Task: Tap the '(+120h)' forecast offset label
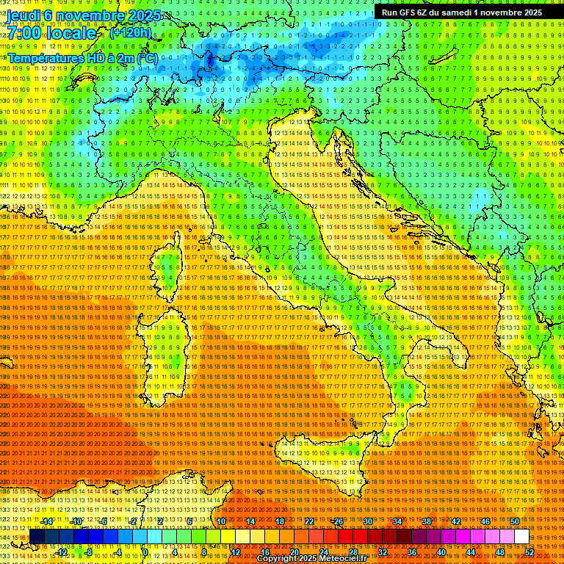coord(130,32)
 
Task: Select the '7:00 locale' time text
coord(52,33)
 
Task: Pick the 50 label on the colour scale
coord(515,521)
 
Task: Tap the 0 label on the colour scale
coord(146,552)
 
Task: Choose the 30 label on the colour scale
coord(368,521)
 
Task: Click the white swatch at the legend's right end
coord(522,537)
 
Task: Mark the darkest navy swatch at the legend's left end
coord(37,537)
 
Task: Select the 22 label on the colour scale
coord(309,521)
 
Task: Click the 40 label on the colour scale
coord(441,552)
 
